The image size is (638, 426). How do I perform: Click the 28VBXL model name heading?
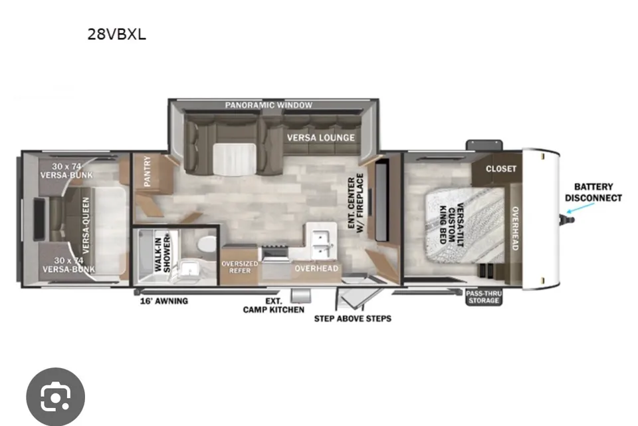(x=116, y=34)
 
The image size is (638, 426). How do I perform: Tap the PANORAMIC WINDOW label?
(x=268, y=105)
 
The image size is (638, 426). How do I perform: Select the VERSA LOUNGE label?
(x=320, y=138)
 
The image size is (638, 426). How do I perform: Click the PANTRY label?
(x=147, y=171)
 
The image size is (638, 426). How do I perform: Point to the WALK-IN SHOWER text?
(x=162, y=252)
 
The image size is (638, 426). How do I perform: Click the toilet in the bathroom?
(x=207, y=244)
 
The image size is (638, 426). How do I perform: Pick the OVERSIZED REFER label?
(x=240, y=267)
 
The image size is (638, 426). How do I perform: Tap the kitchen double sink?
(x=321, y=244)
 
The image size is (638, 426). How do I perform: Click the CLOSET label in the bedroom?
(x=501, y=169)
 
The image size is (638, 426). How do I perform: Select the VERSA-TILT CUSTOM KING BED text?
(x=451, y=224)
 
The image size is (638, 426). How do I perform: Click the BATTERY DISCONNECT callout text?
(x=593, y=192)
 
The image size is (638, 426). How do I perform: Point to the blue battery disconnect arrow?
(x=581, y=208)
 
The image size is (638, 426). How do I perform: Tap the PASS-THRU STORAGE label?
(x=484, y=297)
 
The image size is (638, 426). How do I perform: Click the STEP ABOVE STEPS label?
(x=353, y=318)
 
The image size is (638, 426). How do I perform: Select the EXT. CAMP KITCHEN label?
(x=273, y=306)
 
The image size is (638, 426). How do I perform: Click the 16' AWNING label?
(x=164, y=302)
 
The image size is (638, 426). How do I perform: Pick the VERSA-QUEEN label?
(x=86, y=226)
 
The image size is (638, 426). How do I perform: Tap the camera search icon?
(x=56, y=397)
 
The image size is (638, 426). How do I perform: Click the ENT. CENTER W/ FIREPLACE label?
(x=356, y=204)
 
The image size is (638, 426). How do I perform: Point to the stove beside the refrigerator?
(x=275, y=254)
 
